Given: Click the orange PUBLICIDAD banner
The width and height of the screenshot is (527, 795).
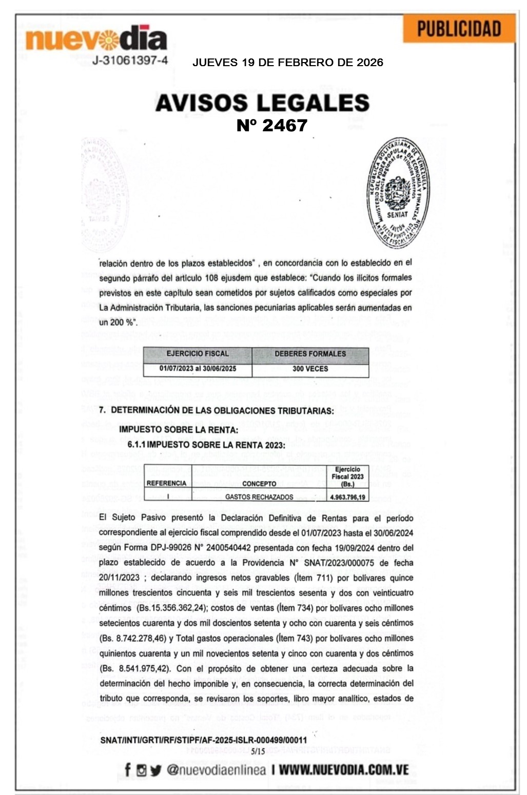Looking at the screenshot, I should (x=459, y=29).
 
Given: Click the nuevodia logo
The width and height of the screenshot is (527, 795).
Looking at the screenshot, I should (x=96, y=38).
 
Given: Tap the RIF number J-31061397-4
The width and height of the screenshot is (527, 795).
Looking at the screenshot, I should (x=130, y=61).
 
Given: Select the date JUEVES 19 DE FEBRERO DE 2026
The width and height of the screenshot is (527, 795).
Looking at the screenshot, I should (x=287, y=63).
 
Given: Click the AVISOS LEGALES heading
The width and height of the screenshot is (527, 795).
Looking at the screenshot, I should (x=262, y=103).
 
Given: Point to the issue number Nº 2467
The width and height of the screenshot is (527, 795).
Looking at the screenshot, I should (x=272, y=126).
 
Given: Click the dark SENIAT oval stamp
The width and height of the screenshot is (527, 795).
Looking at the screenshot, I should (x=396, y=193).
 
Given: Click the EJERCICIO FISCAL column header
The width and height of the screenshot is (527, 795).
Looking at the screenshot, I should (x=198, y=354).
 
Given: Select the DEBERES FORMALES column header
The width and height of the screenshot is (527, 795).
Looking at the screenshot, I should (x=310, y=354).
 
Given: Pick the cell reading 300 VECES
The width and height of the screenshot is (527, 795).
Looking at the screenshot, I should (x=310, y=369).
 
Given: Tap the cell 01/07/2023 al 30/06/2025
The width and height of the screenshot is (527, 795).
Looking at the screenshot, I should (x=198, y=369).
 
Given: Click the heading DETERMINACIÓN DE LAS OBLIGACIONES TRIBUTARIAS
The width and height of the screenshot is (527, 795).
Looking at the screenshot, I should (x=222, y=411).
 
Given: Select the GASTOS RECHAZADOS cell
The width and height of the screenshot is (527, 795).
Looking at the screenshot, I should (x=259, y=496).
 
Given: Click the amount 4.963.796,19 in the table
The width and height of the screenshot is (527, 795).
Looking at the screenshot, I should (x=347, y=496).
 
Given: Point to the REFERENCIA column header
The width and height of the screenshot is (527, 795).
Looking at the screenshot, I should (x=166, y=483).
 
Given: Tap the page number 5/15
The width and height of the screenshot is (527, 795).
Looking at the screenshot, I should (x=259, y=751).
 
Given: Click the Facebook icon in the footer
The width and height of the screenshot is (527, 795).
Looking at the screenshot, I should (x=128, y=769).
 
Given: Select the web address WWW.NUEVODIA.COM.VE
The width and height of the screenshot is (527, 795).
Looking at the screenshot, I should (x=344, y=770).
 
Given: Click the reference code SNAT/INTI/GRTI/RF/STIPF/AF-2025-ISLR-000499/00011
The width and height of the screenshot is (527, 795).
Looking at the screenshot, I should (x=203, y=740).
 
